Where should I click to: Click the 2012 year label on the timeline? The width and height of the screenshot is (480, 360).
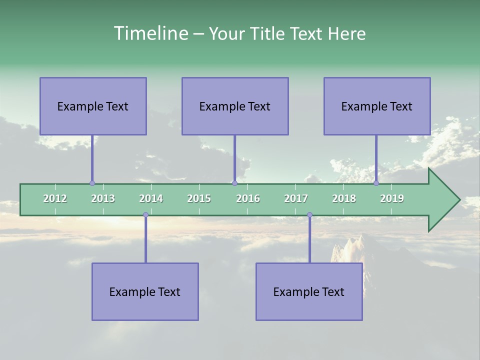[55, 198]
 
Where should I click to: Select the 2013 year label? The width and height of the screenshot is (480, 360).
[103, 198]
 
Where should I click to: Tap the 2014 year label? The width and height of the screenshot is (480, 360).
[151, 198]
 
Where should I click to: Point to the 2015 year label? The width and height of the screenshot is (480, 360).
[199, 198]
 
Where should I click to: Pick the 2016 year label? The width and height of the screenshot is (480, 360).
[248, 198]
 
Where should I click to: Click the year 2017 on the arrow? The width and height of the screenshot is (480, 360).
[296, 198]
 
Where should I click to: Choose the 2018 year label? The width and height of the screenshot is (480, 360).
[344, 198]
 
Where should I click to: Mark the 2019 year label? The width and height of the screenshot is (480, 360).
[392, 198]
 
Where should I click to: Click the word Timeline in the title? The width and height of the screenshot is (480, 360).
[150, 33]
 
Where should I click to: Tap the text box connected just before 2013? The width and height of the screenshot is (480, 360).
[93, 106]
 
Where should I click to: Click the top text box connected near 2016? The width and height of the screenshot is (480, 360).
[235, 106]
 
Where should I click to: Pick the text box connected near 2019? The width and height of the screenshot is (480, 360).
[377, 106]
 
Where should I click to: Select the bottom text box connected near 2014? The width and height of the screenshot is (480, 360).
[145, 291]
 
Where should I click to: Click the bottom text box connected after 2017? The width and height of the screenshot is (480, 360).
[309, 291]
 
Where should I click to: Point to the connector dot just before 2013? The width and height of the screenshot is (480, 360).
[92, 183]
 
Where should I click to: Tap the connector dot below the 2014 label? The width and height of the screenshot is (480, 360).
[145, 215]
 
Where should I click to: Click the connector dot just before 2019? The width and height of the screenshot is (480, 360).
[376, 183]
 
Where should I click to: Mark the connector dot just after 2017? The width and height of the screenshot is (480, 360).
[309, 215]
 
